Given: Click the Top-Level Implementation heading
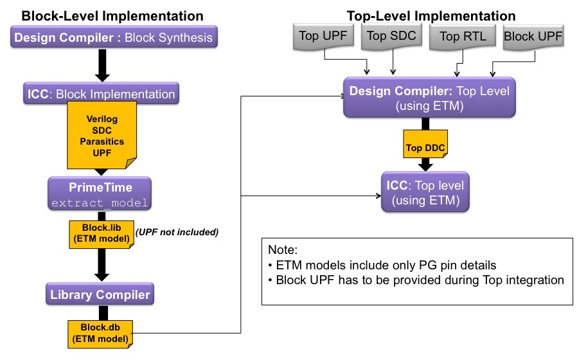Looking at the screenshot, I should pyautogui.click(x=431, y=15).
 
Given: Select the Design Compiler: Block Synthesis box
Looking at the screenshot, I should pyautogui.click(x=113, y=37).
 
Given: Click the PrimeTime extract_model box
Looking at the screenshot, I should pyautogui.click(x=99, y=195).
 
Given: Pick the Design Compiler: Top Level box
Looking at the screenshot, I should pyautogui.click(x=429, y=98).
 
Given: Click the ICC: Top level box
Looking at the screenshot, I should pyautogui.click(x=424, y=192).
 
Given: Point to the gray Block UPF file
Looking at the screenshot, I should pyautogui.click(x=532, y=36).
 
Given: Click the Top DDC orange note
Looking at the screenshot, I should pyautogui.click(x=423, y=147).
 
